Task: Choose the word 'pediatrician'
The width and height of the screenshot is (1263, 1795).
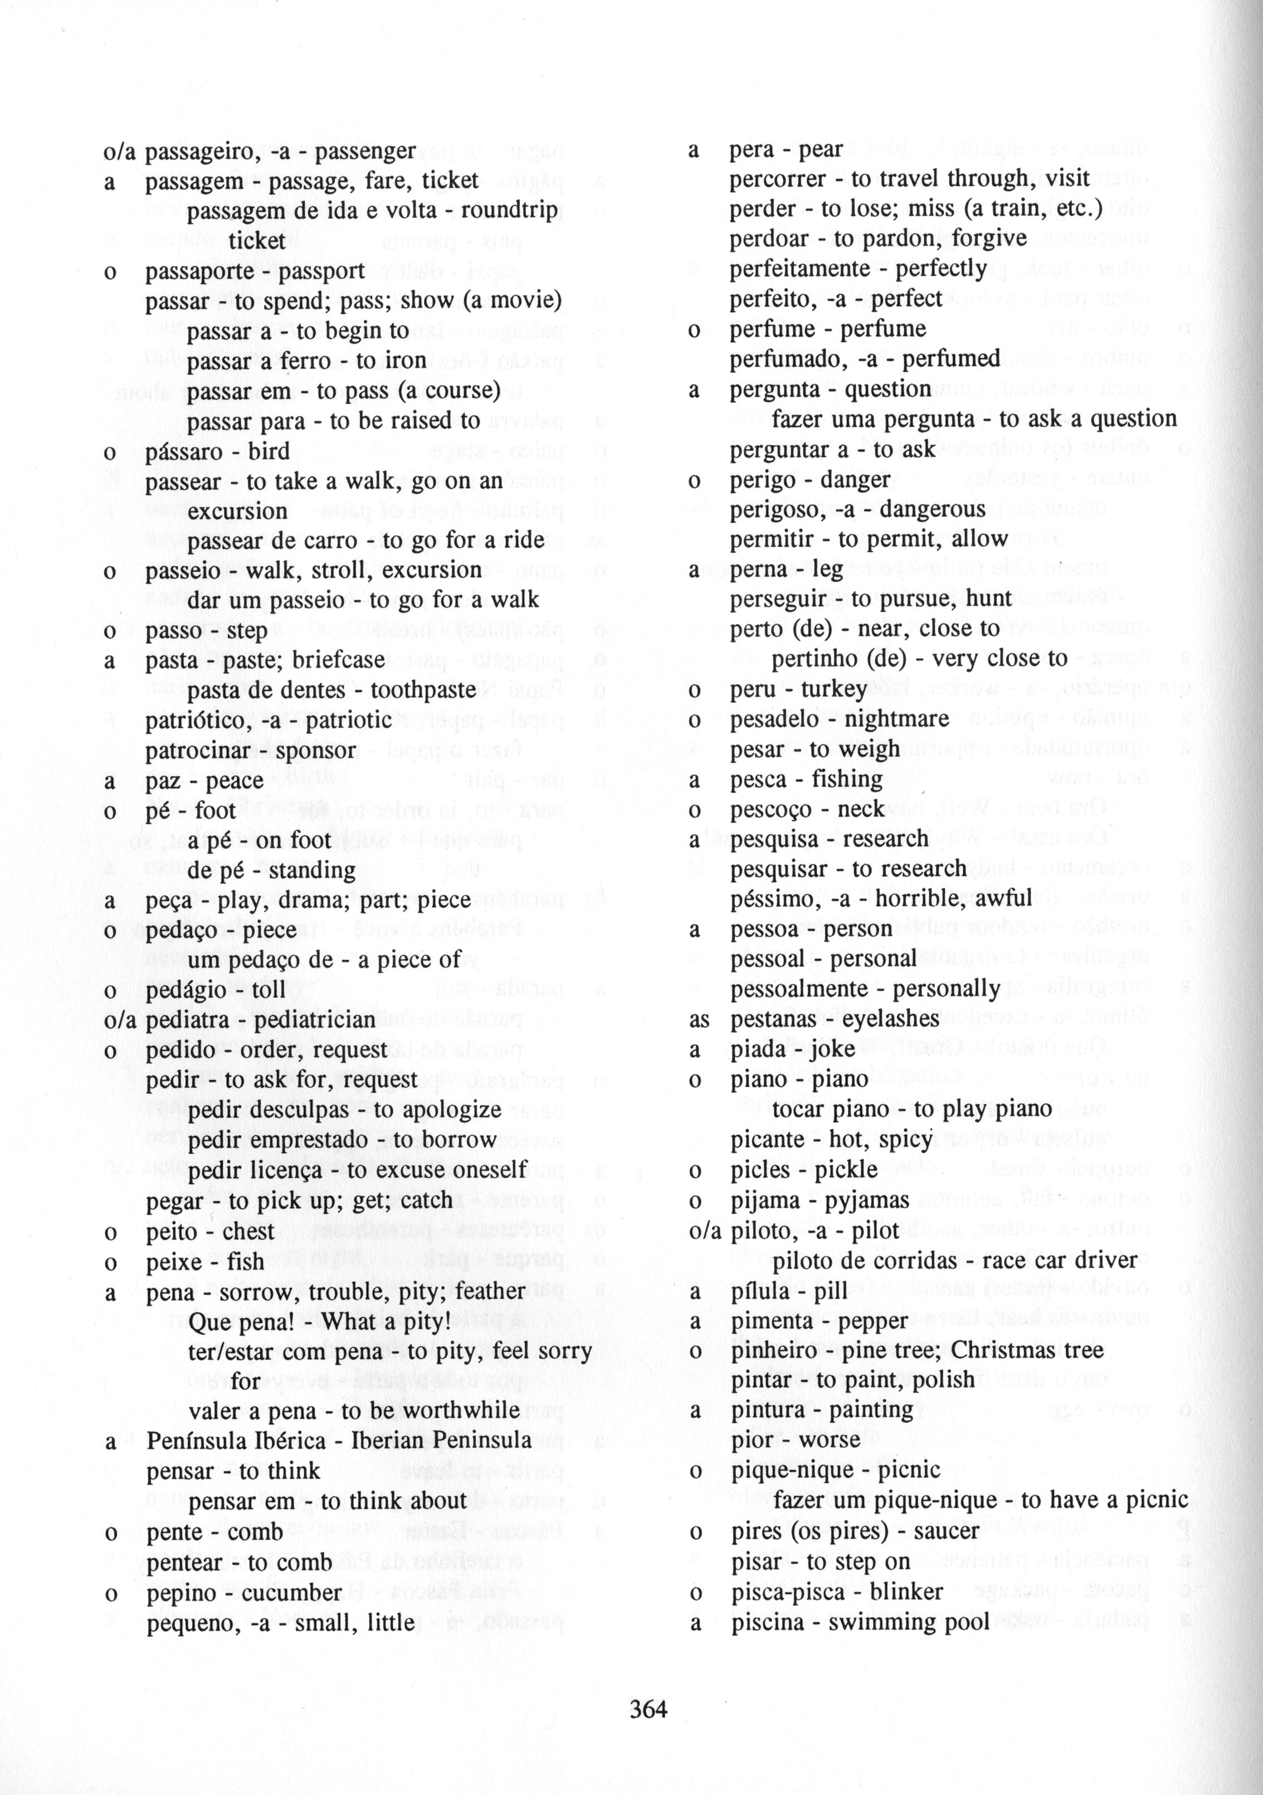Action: click(315, 1020)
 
